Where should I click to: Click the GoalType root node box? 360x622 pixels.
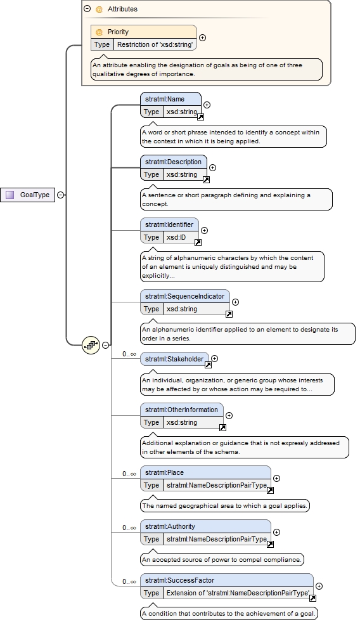coord(28,195)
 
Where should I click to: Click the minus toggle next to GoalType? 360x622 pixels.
coord(60,195)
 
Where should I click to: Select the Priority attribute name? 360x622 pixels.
coord(118,32)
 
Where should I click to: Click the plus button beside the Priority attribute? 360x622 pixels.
coord(203,37)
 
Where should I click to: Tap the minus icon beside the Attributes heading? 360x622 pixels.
coord(87,8)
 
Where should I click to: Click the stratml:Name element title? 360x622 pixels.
coord(165,99)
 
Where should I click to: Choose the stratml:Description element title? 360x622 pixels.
coord(173,162)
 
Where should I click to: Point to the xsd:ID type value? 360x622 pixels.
coord(176,237)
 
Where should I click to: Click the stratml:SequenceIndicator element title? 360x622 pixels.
coord(185,296)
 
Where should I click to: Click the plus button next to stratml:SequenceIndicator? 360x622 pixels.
coord(236,302)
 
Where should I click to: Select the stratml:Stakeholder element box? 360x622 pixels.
coord(174,359)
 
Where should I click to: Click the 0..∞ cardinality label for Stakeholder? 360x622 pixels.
coord(129,354)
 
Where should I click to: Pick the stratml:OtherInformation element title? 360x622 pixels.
coord(182,410)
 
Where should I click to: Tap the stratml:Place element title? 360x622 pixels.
coord(165,472)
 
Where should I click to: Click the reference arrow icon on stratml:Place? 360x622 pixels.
coord(270,490)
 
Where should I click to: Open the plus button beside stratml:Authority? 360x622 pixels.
coord(277,533)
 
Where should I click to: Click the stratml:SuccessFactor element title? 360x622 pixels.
coord(179,580)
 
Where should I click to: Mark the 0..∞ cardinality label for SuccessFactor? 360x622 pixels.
coord(129,582)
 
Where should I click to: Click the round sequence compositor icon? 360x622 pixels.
coord(91,345)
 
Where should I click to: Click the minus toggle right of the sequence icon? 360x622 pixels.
coord(105,345)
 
